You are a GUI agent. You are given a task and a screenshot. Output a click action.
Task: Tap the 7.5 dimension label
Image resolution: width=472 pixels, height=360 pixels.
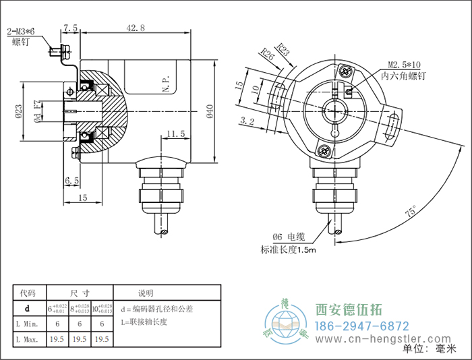(x=70, y=28)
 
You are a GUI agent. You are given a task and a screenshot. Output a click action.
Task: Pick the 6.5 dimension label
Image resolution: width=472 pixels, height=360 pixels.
(x=72, y=181)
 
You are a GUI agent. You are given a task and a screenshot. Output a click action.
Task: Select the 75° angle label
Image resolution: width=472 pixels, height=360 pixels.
(x=409, y=212)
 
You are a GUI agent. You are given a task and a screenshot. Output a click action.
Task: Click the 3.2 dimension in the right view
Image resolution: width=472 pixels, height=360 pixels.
(x=247, y=121)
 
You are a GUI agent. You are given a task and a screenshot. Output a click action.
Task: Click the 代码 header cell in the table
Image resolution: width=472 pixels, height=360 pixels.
(x=28, y=293)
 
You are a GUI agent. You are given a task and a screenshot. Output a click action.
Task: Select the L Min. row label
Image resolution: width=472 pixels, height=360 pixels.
(x=28, y=324)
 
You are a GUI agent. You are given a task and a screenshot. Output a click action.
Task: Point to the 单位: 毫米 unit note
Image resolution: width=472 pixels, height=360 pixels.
(x=429, y=349)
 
